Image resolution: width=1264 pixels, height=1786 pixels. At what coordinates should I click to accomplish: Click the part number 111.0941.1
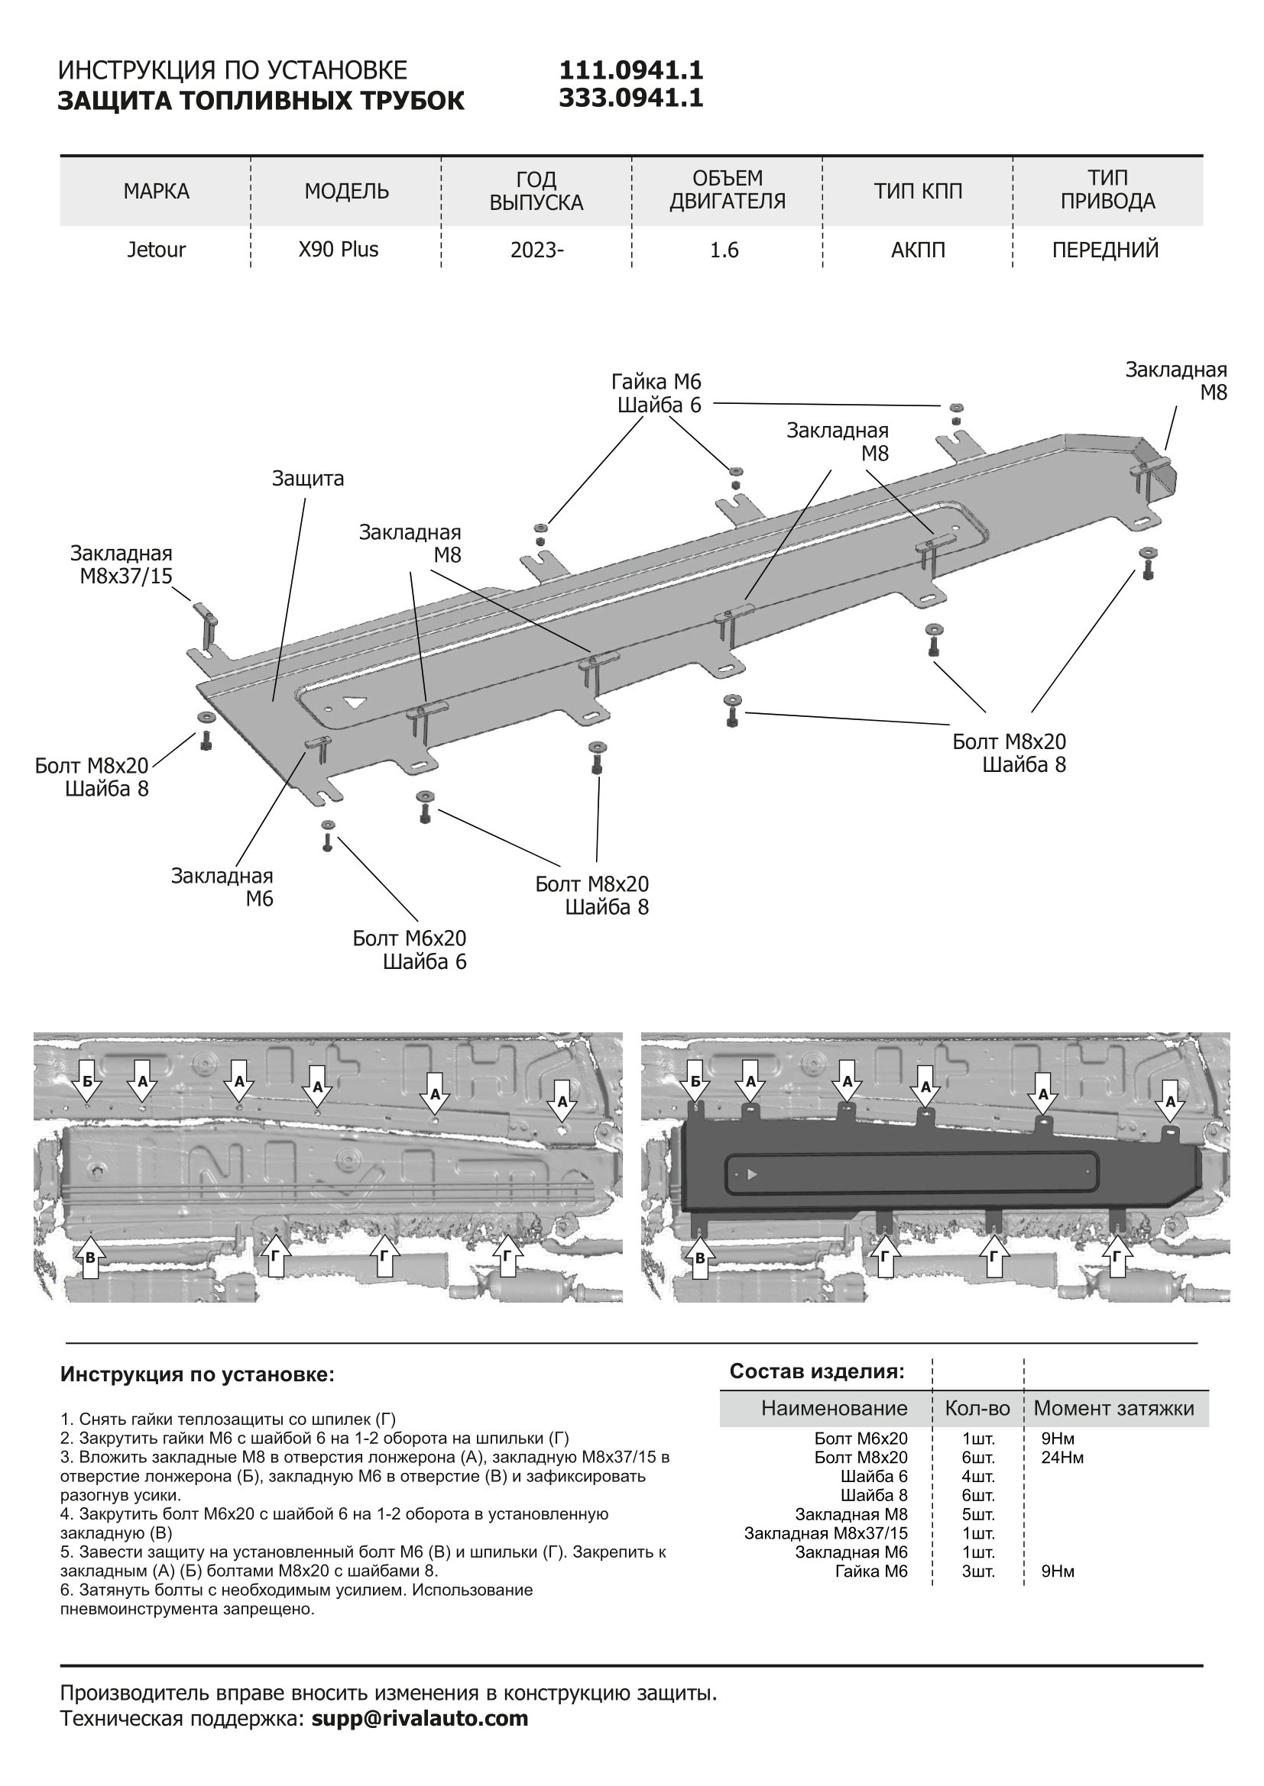[x=630, y=71]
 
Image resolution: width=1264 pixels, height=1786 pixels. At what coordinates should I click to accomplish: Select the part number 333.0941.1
[x=630, y=98]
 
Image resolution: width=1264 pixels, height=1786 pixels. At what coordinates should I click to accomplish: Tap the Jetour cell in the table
[x=156, y=250]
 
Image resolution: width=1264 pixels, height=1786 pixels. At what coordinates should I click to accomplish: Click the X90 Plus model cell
[x=339, y=250]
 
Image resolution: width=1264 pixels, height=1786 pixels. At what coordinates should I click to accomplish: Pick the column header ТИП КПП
[x=918, y=192]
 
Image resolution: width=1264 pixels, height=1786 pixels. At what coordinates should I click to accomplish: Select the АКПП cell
[x=918, y=250]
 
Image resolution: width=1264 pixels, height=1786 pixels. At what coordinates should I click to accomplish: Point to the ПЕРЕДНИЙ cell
[x=1105, y=250]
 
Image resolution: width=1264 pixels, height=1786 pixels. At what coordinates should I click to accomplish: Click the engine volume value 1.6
[x=724, y=250]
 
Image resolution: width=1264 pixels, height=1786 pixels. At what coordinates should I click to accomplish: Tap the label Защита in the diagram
[x=307, y=479]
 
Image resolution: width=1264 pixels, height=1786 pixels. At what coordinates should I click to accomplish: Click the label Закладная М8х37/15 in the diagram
[x=122, y=565]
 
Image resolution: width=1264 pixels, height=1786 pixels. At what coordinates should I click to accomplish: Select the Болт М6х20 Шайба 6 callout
[x=410, y=950]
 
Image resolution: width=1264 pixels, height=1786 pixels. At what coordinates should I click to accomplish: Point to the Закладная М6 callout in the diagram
[x=222, y=887]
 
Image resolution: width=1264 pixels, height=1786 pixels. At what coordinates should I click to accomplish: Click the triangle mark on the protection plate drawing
[x=356, y=702]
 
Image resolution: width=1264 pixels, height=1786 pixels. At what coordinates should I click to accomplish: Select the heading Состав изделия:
[x=816, y=1371]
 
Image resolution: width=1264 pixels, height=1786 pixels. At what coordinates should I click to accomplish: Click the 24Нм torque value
[x=1062, y=1457]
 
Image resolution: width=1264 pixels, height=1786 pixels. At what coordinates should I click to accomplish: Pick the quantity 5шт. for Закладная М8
[x=978, y=1514]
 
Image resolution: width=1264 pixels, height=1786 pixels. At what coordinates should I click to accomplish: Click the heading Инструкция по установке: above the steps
[x=197, y=1374]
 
